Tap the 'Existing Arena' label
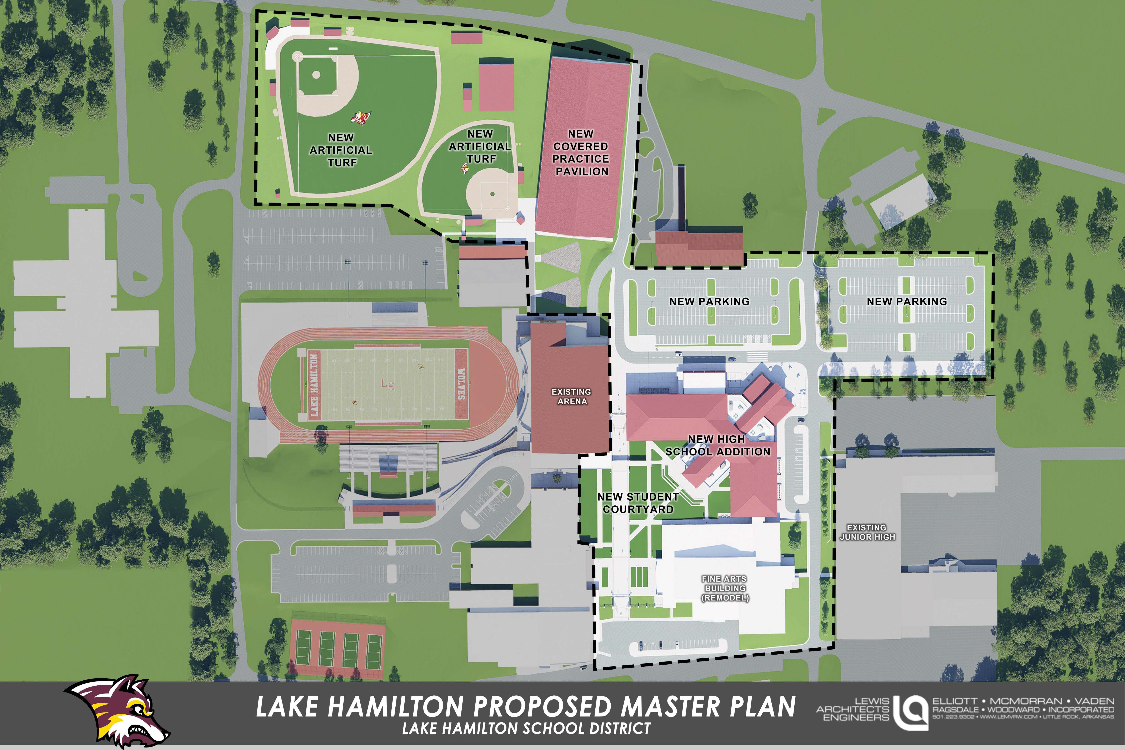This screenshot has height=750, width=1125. click(572, 396)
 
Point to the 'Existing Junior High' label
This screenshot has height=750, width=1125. click(867, 532)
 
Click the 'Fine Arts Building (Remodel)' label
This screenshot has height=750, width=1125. click(725, 588)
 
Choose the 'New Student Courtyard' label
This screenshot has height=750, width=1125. click(638, 503)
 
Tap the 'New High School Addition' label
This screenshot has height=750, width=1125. click(717, 445)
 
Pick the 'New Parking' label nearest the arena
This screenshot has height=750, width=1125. click(709, 301)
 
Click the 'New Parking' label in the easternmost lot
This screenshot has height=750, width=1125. click(907, 301)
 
